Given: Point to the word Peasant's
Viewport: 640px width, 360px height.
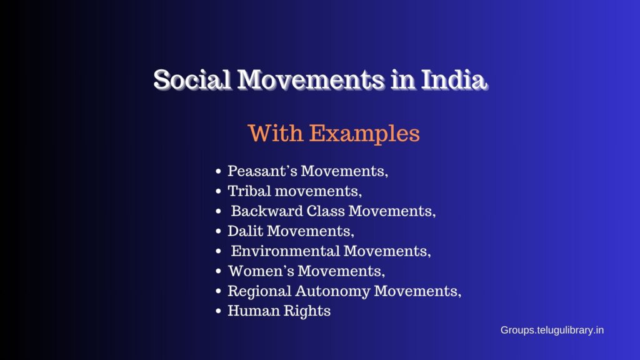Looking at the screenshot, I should point(261,171).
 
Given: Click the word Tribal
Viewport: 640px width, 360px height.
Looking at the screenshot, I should point(247,191).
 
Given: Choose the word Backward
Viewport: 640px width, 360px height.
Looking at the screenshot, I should point(262,211).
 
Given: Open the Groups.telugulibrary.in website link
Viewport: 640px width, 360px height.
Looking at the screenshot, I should point(552,330).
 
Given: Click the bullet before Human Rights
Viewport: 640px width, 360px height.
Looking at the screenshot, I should point(218,311).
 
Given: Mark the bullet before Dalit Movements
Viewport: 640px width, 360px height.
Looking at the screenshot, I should point(218,231).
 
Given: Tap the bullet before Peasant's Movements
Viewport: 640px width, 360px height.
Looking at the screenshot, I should point(218,171).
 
